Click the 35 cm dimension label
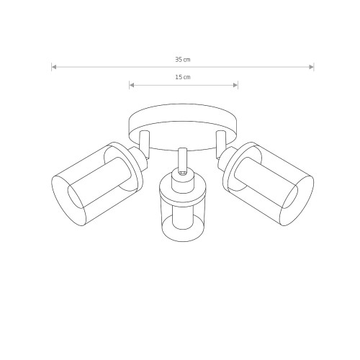pos(183,60)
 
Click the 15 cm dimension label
pos(183,77)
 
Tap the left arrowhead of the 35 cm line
pos(54,67)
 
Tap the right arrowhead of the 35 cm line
pos(311,67)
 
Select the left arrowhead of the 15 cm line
pos(132,85)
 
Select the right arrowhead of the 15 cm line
pos(235,85)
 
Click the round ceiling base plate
pos(184,127)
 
